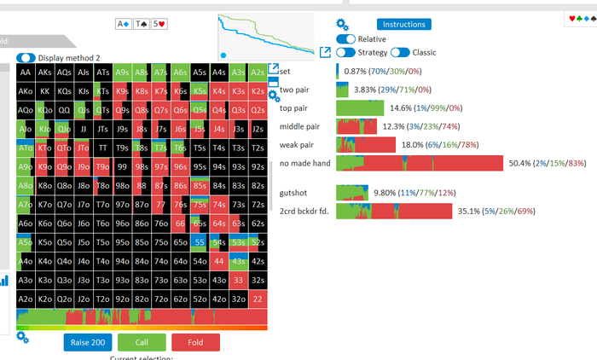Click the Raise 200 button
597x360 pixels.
pos(90,342)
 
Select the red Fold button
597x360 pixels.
pos(195,342)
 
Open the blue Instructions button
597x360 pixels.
pos(403,25)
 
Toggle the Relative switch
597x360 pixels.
pos(346,39)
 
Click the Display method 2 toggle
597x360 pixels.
pos(26,58)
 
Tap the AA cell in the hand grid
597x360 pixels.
pos(26,72)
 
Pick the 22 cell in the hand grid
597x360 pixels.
pos(258,299)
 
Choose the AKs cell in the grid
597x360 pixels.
pos(45,72)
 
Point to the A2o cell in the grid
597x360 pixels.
pos(26,299)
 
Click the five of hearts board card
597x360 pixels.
pos(159,24)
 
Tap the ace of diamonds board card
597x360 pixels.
pos(122,24)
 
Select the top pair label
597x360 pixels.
pos(293,108)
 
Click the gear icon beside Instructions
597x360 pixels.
pos(342,24)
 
